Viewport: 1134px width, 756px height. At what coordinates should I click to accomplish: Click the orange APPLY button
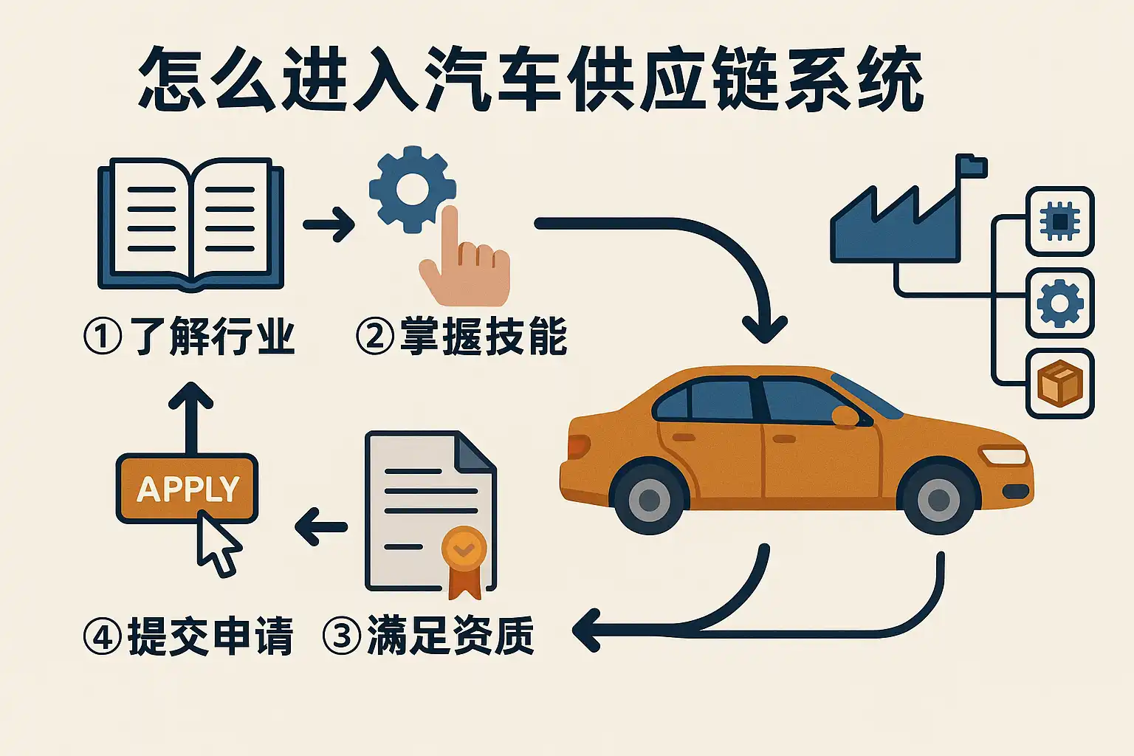click(187, 489)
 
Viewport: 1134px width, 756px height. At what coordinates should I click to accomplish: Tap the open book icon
click(190, 224)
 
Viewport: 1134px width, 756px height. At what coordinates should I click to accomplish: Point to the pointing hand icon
click(464, 266)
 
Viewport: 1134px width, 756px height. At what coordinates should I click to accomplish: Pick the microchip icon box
click(1059, 221)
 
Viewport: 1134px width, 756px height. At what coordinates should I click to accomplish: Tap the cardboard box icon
click(1059, 383)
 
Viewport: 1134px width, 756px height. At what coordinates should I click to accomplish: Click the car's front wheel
click(938, 498)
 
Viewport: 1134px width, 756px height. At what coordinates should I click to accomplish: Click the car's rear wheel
click(649, 498)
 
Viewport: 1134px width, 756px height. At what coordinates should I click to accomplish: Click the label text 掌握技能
click(484, 337)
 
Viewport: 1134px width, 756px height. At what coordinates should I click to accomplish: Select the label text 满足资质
click(450, 636)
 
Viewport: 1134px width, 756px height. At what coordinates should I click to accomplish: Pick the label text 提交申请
click(210, 636)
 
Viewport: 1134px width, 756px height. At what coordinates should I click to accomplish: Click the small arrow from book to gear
click(329, 224)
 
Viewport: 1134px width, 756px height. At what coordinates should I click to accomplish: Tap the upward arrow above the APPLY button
click(191, 413)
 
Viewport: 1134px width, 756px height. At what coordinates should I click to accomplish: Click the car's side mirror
click(846, 416)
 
